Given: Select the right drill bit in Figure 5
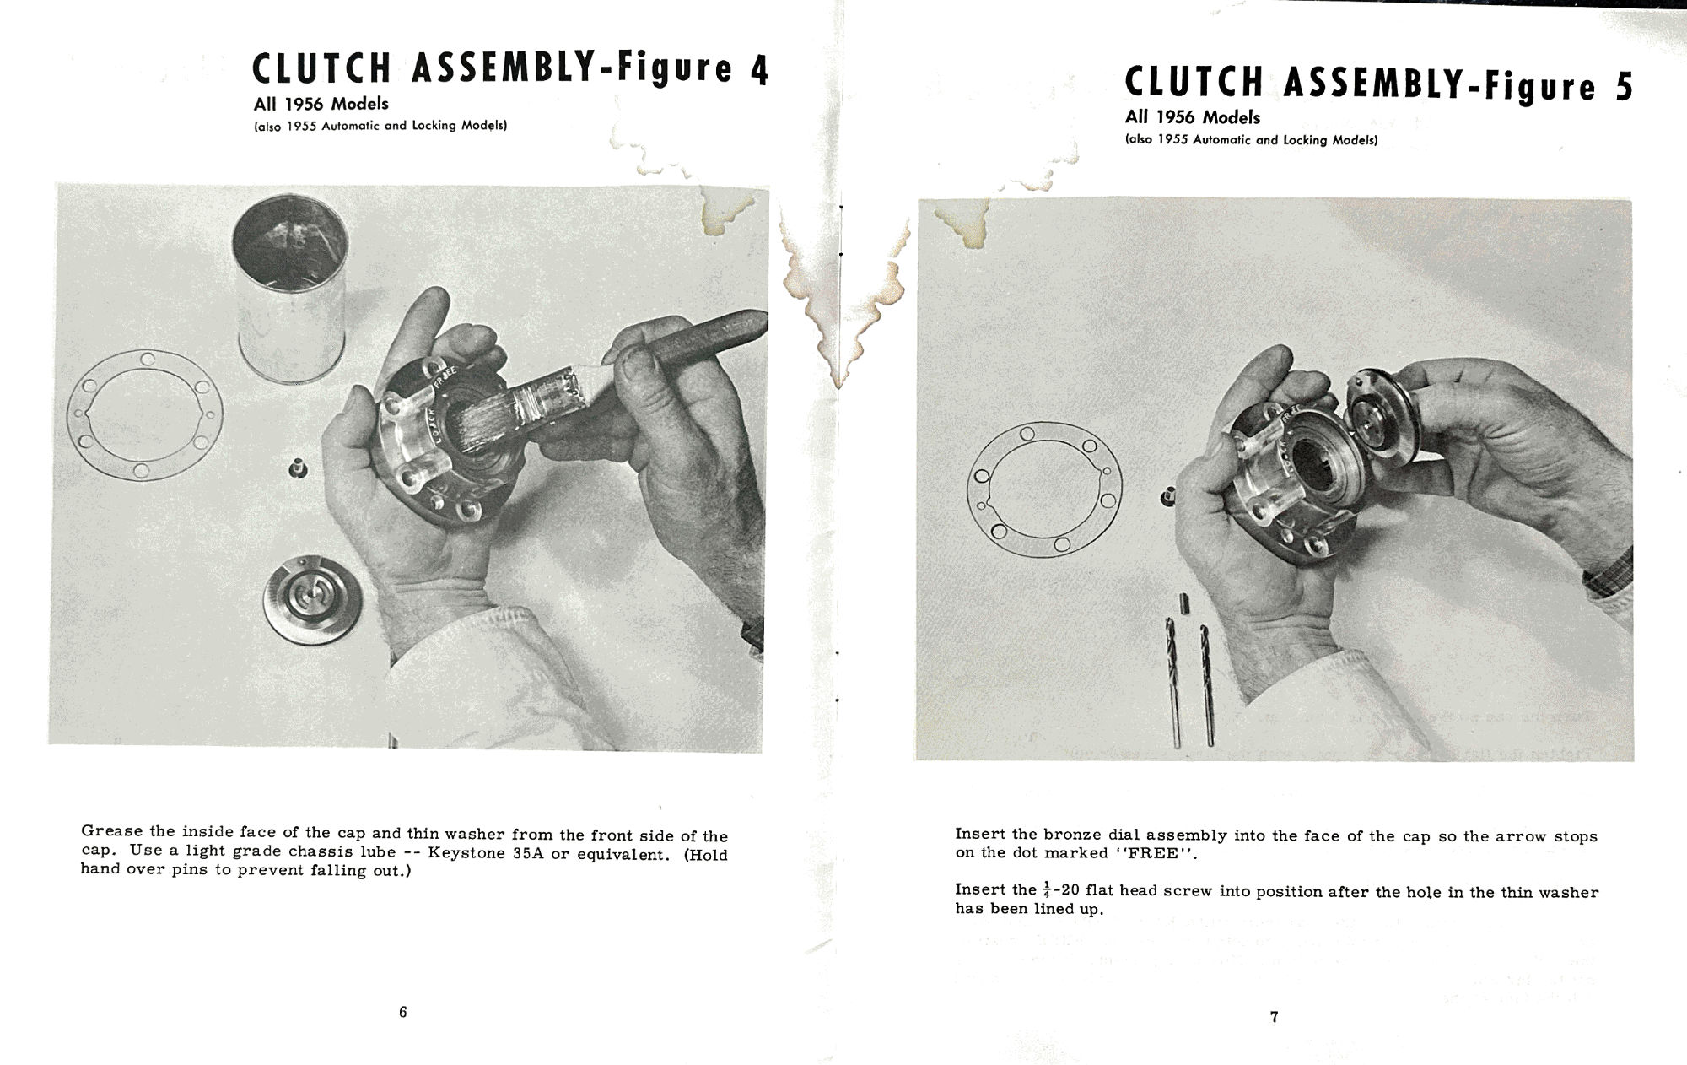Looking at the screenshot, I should click(x=1206, y=684).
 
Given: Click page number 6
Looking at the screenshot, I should click(x=403, y=1012).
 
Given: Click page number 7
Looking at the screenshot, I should click(x=1274, y=1017).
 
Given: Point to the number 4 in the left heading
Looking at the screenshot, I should click(x=759, y=71).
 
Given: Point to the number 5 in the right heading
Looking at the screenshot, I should click(x=1624, y=87).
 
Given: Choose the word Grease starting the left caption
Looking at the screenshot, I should click(x=112, y=831).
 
